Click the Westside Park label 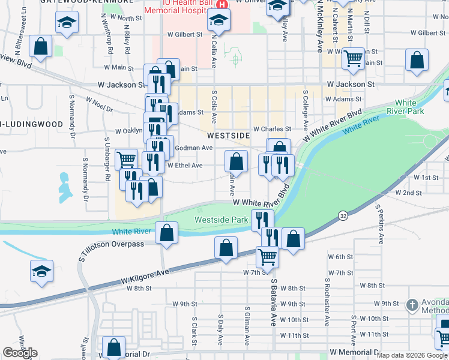[x=221, y=220]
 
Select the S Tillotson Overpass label [x=110, y=244]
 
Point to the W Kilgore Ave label [x=145, y=276]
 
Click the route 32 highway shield [x=343, y=215]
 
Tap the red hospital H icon [x=221, y=4]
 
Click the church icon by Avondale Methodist [x=412, y=305]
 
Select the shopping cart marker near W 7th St [x=267, y=256]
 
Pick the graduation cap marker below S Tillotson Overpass [x=41, y=272]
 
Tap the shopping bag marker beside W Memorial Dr [x=113, y=347]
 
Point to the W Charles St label [x=272, y=129]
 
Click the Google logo [x=20, y=353]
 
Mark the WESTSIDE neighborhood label [x=229, y=136]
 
